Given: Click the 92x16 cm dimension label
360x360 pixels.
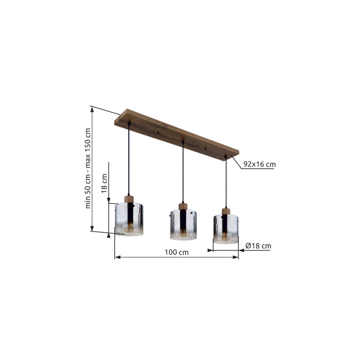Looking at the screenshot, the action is click(260, 164).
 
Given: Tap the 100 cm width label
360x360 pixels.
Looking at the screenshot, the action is click(176, 252).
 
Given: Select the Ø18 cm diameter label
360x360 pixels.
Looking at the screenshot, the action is click(258, 246).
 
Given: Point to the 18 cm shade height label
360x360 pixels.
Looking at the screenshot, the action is click(104, 184).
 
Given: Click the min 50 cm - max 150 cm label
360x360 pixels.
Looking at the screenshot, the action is click(88, 168).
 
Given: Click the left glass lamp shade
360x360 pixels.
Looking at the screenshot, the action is click(129, 219).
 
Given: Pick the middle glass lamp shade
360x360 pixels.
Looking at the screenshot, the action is click(183, 225).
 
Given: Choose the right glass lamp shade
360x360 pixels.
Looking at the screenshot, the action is click(226, 229).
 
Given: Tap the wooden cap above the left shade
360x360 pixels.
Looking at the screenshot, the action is click(129, 199).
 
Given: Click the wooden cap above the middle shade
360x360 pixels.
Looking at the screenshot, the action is click(183, 206).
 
